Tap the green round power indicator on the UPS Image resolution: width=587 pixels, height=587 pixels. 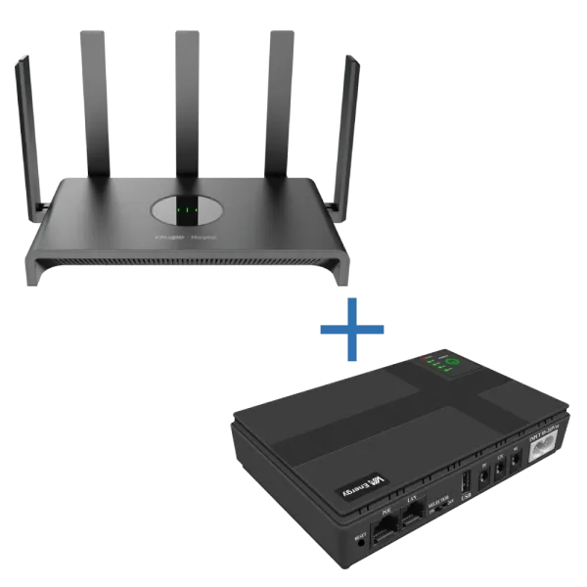pyautogui.click(x=452, y=363)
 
